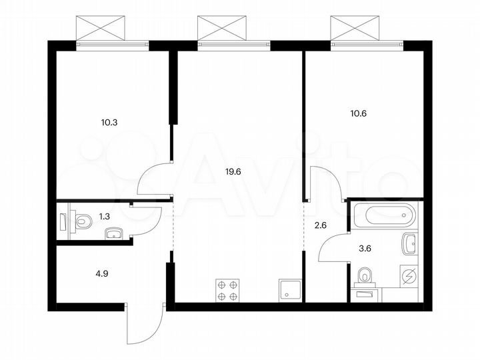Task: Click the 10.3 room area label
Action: click(x=109, y=123)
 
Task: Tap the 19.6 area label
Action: click(x=233, y=171)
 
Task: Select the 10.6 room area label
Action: click(x=357, y=113)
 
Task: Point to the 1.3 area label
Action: click(x=104, y=215)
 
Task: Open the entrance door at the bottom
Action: click(x=145, y=327)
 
